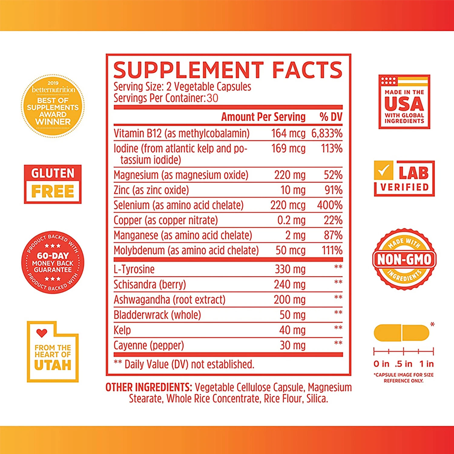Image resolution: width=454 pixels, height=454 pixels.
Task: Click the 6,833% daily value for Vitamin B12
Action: (327, 133)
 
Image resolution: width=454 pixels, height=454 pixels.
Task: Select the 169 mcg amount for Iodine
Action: (288, 149)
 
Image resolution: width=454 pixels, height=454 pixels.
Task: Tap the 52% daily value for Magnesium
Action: (333, 175)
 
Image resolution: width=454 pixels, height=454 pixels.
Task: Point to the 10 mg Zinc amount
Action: (293, 190)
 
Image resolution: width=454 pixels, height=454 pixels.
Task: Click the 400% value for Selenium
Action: (330, 205)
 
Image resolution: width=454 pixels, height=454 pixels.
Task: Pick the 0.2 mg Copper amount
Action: (291, 220)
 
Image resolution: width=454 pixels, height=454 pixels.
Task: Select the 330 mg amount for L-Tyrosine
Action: (290, 269)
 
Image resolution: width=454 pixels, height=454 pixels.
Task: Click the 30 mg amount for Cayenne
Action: (292, 345)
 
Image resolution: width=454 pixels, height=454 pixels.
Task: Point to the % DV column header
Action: (331, 117)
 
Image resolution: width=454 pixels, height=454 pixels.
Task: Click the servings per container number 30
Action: (212, 98)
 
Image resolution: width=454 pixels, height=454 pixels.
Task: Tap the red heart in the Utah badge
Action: (42, 333)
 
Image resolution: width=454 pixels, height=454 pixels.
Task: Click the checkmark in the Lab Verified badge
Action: (383, 170)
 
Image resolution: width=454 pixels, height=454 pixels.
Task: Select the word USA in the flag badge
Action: (404, 104)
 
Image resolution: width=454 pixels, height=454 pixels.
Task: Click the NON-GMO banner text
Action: (404, 259)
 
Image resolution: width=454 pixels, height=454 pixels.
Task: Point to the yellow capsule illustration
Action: (401, 333)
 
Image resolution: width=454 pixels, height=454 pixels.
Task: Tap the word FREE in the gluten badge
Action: (53, 191)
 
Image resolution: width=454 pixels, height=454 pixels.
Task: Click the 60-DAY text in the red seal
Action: (53, 256)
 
